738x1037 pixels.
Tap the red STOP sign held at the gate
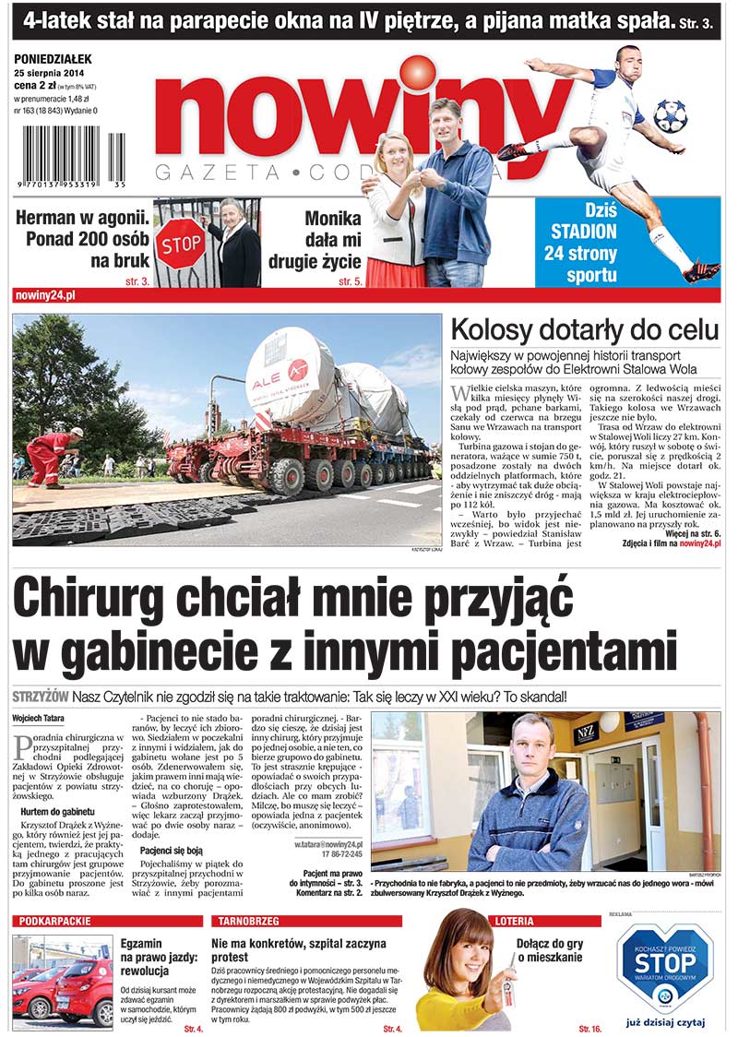tap(181, 245)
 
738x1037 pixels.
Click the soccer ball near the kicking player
tap(670, 115)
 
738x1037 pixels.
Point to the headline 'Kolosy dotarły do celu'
tap(584, 330)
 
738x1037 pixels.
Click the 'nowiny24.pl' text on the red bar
tap(46, 294)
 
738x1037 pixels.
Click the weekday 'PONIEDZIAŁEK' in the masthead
tap(56, 60)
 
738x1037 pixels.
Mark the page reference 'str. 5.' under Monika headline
tap(350, 281)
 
